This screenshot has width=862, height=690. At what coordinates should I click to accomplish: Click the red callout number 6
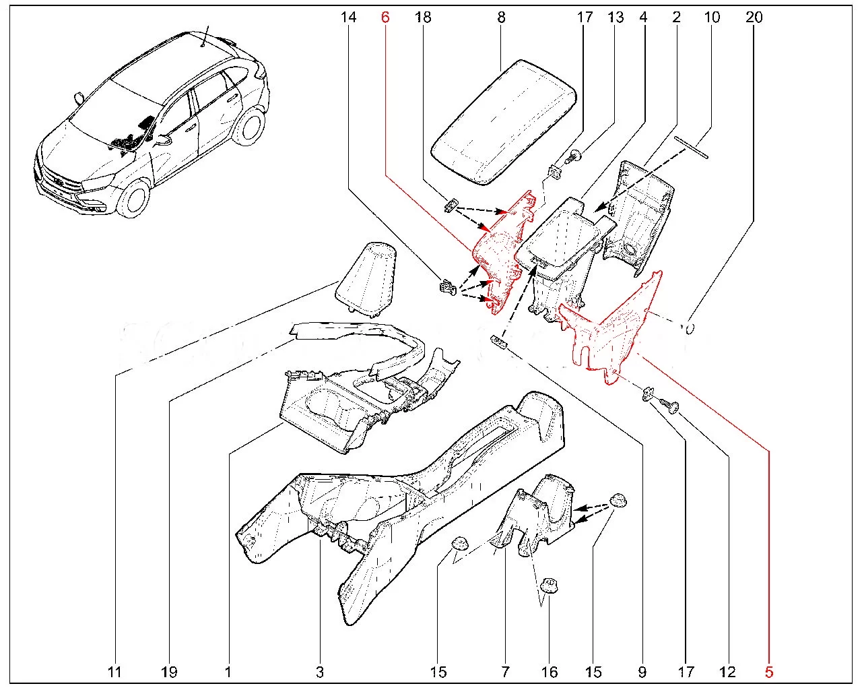[385, 17]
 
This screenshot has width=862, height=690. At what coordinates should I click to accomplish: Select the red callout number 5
[769, 672]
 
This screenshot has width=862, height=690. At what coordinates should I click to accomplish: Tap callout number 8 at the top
[501, 17]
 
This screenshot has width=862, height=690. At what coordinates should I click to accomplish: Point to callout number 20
[754, 17]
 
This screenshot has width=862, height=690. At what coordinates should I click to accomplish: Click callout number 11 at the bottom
[114, 672]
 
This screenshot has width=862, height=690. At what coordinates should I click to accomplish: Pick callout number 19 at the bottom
[168, 672]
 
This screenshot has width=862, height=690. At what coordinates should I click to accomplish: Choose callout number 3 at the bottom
[320, 672]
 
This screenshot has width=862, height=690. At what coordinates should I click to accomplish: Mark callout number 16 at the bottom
[550, 672]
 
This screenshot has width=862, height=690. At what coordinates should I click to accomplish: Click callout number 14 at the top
[348, 17]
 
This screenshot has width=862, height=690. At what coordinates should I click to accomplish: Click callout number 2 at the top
[676, 17]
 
